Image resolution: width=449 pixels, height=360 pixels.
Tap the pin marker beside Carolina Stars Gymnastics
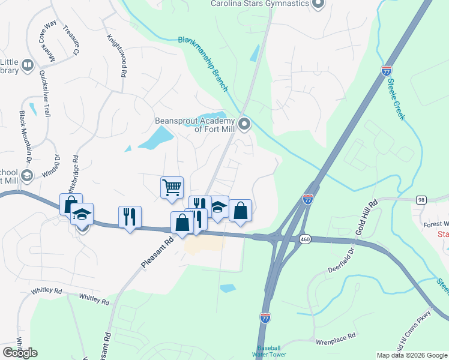(x=318, y=4)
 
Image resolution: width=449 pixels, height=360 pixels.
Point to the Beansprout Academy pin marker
(x=244, y=125)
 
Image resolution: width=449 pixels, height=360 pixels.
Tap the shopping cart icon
(x=172, y=187)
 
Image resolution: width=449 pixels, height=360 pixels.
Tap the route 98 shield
(x=421, y=199)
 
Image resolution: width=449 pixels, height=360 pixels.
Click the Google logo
(x=20, y=353)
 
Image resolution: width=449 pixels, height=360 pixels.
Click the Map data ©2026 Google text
(x=411, y=355)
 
